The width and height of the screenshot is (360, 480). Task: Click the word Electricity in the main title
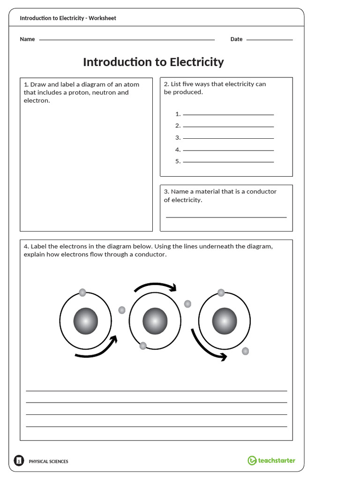coord(196,62)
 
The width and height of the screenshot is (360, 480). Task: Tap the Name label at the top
coord(27,39)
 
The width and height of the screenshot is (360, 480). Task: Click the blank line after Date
coord(269,40)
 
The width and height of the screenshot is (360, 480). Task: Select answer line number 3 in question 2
coord(228,138)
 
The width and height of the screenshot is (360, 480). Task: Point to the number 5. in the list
coord(178,161)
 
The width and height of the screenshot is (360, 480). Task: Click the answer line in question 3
coord(226,217)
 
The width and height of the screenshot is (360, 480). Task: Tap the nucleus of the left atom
coord(86,322)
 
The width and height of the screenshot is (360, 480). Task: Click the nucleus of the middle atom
coord(155,322)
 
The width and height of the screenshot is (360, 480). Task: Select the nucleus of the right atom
coord(225,322)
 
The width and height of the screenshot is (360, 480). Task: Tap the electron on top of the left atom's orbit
coord(82,292)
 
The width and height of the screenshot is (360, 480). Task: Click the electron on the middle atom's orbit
coord(143,346)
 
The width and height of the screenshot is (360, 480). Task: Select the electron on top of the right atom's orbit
coord(221,292)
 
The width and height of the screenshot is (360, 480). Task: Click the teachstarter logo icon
coord(252,460)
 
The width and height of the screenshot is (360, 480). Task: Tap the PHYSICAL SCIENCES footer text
coord(48,461)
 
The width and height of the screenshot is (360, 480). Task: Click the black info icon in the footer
coord(19,461)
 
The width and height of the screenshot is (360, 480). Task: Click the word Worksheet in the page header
coord(102,18)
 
